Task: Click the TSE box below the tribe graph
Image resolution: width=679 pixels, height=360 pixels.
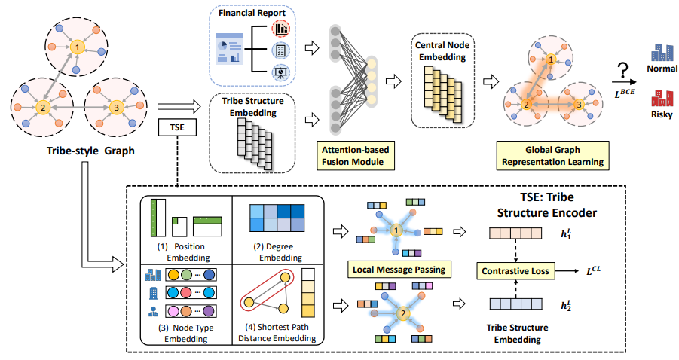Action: point(174,129)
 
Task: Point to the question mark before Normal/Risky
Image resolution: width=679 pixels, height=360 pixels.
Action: point(622,71)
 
